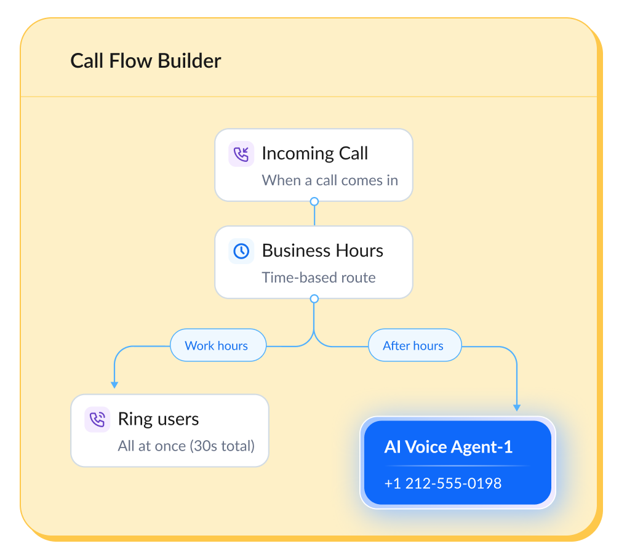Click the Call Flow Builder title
pyautogui.click(x=145, y=61)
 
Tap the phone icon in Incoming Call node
pyautogui.click(x=241, y=154)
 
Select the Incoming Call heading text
pyautogui.click(x=314, y=153)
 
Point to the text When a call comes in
pyautogui.click(x=330, y=180)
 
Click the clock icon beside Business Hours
pyautogui.click(x=241, y=251)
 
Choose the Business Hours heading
pyautogui.click(x=322, y=251)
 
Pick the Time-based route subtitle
pyautogui.click(x=319, y=278)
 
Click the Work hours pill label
pyautogui.click(x=217, y=345)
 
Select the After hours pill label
pyautogui.click(x=413, y=345)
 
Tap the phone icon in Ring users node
pyautogui.click(x=97, y=420)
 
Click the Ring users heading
pyautogui.click(x=158, y=419)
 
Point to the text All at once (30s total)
pyautogui.click(x=186, y=446)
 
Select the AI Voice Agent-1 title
pyautogui.click(x=449, y=447)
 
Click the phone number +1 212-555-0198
pyautogui.click(x=443, y=484)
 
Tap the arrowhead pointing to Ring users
pyautogui.click(x=114, y=384)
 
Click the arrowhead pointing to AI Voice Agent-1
pyautogui.click(x=517, y=407)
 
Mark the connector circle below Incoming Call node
pyautogui.click(x=314, y=201)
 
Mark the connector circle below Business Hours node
pyautogui.click(x=314, y=299)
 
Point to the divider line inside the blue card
pyautogui.click(x=457, y=466)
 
